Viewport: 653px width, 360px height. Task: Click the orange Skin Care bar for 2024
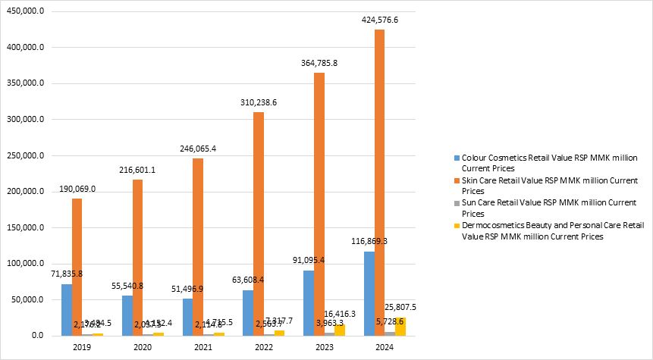pyautogui.click(x=379, y=182)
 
